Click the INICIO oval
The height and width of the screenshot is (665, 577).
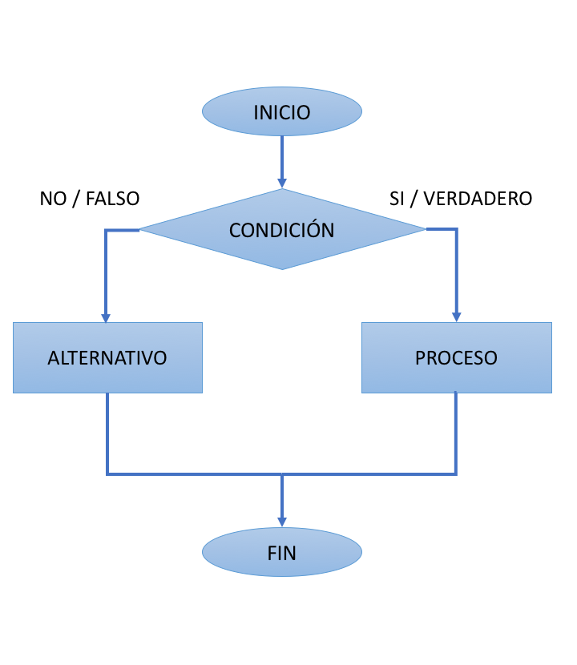point(281,111)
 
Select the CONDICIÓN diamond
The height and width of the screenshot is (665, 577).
point(281,230)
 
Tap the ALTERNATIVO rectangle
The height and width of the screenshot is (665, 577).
point(107,357)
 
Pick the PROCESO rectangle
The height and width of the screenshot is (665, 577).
point(456,357)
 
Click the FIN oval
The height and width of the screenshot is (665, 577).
point(281,552)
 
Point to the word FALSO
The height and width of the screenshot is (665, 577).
point(112,199)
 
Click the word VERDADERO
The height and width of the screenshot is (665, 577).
point(478,199)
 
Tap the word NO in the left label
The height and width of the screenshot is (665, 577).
point(53,199)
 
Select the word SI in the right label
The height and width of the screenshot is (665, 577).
point(397,199)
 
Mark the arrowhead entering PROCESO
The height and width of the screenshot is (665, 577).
point(457,316)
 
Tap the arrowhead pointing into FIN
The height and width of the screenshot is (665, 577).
point(282,522)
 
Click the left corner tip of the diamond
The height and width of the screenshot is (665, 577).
point(142,230)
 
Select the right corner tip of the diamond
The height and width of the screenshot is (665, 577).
point(424,230)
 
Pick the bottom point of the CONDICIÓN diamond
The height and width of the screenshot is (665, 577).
point(282,268)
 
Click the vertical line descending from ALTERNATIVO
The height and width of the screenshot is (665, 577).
point(107,433)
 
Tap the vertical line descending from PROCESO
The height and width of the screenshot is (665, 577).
point(456,433)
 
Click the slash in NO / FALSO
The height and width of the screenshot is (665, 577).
point(76,199)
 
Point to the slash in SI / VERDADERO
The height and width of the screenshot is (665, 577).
point(414,199)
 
